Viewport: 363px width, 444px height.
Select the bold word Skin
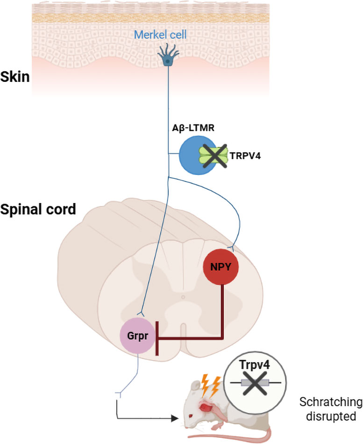(15, 77)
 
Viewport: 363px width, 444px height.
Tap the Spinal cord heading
(38, 209)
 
